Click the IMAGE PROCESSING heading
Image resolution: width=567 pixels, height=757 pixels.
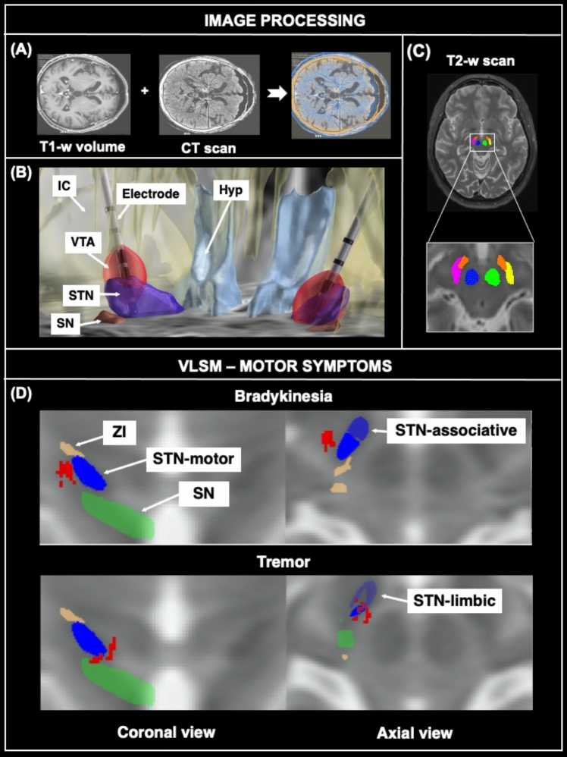(283, 20)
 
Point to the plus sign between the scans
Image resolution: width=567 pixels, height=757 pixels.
(145, 89)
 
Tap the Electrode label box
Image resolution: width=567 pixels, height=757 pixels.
(150, 194)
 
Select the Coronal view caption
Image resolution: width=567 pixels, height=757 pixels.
(166, 732)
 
